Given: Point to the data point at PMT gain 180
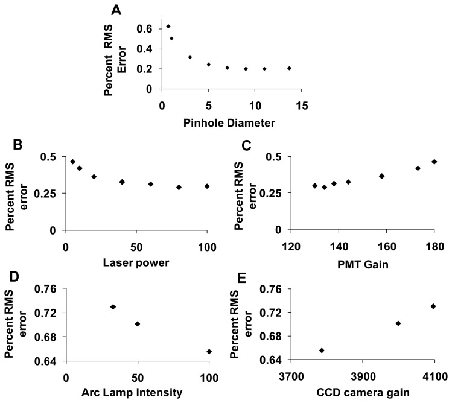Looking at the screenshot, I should (x=434, y=162).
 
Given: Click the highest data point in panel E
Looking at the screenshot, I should (x=433, y=306).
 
